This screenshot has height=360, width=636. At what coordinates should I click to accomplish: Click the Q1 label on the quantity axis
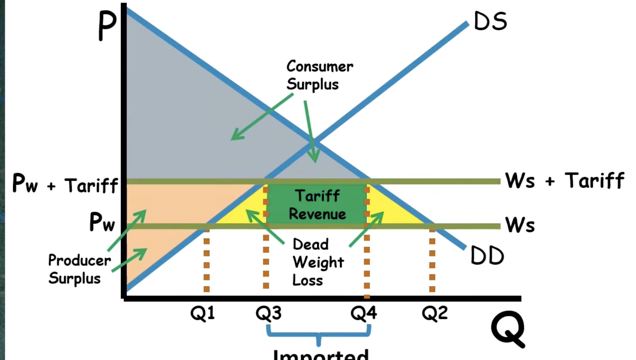(202, 313)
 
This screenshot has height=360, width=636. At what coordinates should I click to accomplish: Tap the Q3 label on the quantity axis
(268, 313)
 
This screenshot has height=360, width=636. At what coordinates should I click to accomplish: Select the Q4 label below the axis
(363, 313)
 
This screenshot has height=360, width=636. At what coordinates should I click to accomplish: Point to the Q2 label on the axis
(435, 313)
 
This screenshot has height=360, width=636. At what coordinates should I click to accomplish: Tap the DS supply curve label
(490, 22)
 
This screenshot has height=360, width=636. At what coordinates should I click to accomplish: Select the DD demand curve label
(487, 256)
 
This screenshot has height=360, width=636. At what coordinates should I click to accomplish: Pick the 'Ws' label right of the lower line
(520, 224)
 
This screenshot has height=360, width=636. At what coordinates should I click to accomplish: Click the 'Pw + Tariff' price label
(65, 184)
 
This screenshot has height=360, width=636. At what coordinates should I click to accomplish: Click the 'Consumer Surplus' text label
(319, 75)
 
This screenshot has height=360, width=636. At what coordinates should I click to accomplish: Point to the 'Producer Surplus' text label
(79, 269)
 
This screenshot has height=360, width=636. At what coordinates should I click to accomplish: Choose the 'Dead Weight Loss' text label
(317, 262)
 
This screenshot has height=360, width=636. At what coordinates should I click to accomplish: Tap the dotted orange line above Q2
(432, 261)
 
